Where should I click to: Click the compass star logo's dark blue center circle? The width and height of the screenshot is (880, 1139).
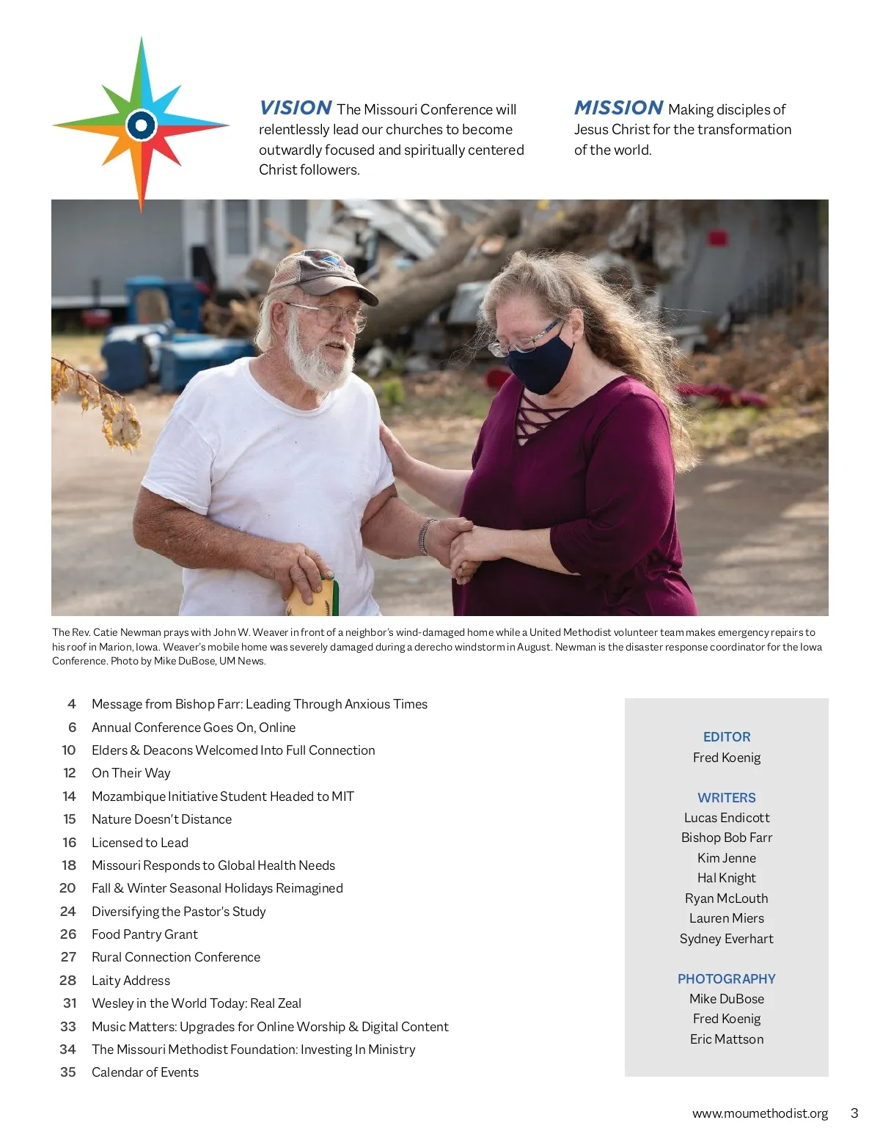(142, 125)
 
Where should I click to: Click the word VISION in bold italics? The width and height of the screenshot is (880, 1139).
(296, 108)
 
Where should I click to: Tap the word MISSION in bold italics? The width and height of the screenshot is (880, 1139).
(618, 108)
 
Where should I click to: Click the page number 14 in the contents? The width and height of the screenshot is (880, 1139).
(69, 796)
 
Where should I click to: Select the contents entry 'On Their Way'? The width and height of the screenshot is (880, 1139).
(131, 773)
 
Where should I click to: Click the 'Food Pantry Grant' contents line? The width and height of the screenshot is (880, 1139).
(144, 934)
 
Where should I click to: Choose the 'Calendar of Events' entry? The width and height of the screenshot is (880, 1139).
(145, 1072)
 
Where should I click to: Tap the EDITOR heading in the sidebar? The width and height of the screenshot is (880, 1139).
(727, 737)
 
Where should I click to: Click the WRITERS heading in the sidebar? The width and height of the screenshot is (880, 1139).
(727, 798)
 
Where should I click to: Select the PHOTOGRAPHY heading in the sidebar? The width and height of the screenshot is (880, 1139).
(727, 979)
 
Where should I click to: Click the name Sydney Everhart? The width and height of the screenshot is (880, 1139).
(727, 939)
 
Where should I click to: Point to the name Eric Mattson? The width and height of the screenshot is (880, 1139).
(727, 1039)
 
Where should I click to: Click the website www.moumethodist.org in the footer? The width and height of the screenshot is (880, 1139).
(760, 1113)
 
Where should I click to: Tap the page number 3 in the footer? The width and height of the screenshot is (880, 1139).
(854, 1113)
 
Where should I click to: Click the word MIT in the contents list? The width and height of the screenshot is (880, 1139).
(342, 796)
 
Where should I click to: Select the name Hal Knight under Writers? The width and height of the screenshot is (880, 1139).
(727, 878)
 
